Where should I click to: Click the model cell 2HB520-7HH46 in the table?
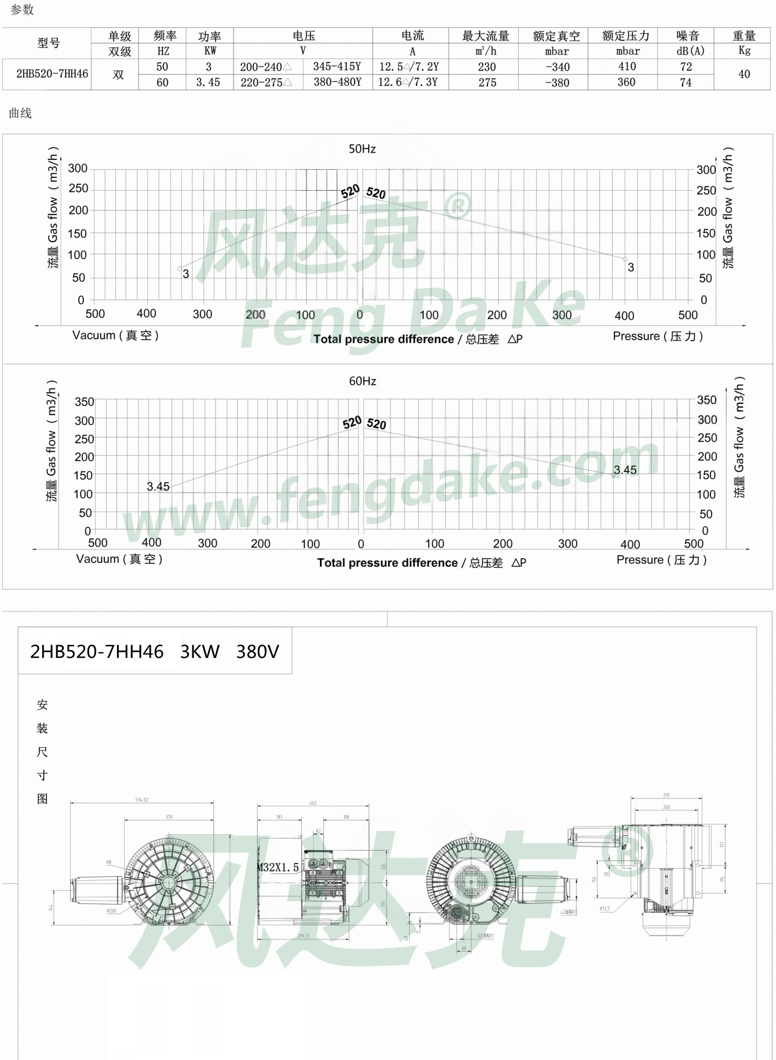[52, 74]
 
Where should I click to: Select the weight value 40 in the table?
[744, 74]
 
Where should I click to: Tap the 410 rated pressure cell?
[626, 67]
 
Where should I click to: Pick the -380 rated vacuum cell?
[557, 82]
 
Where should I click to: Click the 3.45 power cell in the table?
[208, 82]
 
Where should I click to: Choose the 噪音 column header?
[688, 36]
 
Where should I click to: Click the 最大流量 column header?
[485, 36]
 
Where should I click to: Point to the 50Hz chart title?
[362, 149]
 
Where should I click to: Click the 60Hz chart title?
[362, 381]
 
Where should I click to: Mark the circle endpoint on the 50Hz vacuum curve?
[180, 268]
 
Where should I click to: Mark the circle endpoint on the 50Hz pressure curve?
[625, 259]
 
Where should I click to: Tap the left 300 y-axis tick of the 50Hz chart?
[78, 169]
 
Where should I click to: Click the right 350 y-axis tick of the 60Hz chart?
[706, 400]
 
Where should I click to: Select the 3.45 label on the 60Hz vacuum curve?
[158, 486]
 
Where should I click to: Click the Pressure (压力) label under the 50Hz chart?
[658, 336]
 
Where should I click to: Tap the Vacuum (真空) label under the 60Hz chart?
[119, 559]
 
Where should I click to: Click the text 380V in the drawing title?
[257, 651]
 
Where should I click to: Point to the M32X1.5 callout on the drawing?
[278, 867]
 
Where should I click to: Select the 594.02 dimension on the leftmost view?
[142, 800]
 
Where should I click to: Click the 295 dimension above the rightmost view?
[666, 796]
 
